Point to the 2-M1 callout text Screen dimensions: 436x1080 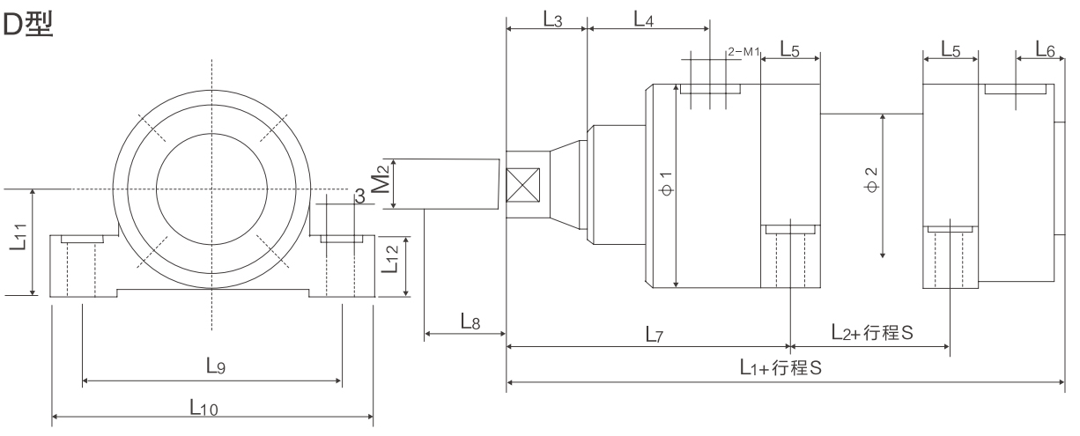pos(743,52)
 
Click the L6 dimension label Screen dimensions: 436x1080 pos(1045,51)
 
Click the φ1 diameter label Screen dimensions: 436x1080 pos(666,184)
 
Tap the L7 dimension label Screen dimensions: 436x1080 pos(652,335)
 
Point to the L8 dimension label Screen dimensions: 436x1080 pos(470,322)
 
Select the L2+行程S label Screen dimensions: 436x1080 pos(871,333)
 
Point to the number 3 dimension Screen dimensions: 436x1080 pos(359,196)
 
